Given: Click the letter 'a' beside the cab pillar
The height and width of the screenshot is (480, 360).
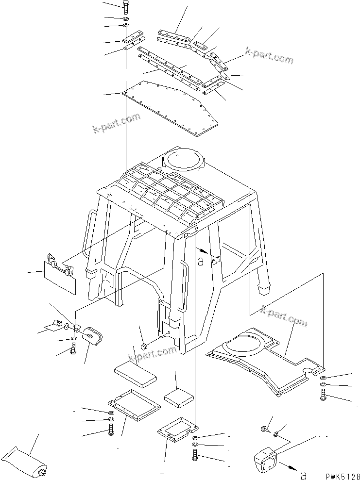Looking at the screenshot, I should (x=201, y=262).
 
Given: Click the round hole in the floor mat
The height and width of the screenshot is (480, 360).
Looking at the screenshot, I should (x=309, y=371).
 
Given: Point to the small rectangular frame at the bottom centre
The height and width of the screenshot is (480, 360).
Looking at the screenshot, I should (x=178, y=431).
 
